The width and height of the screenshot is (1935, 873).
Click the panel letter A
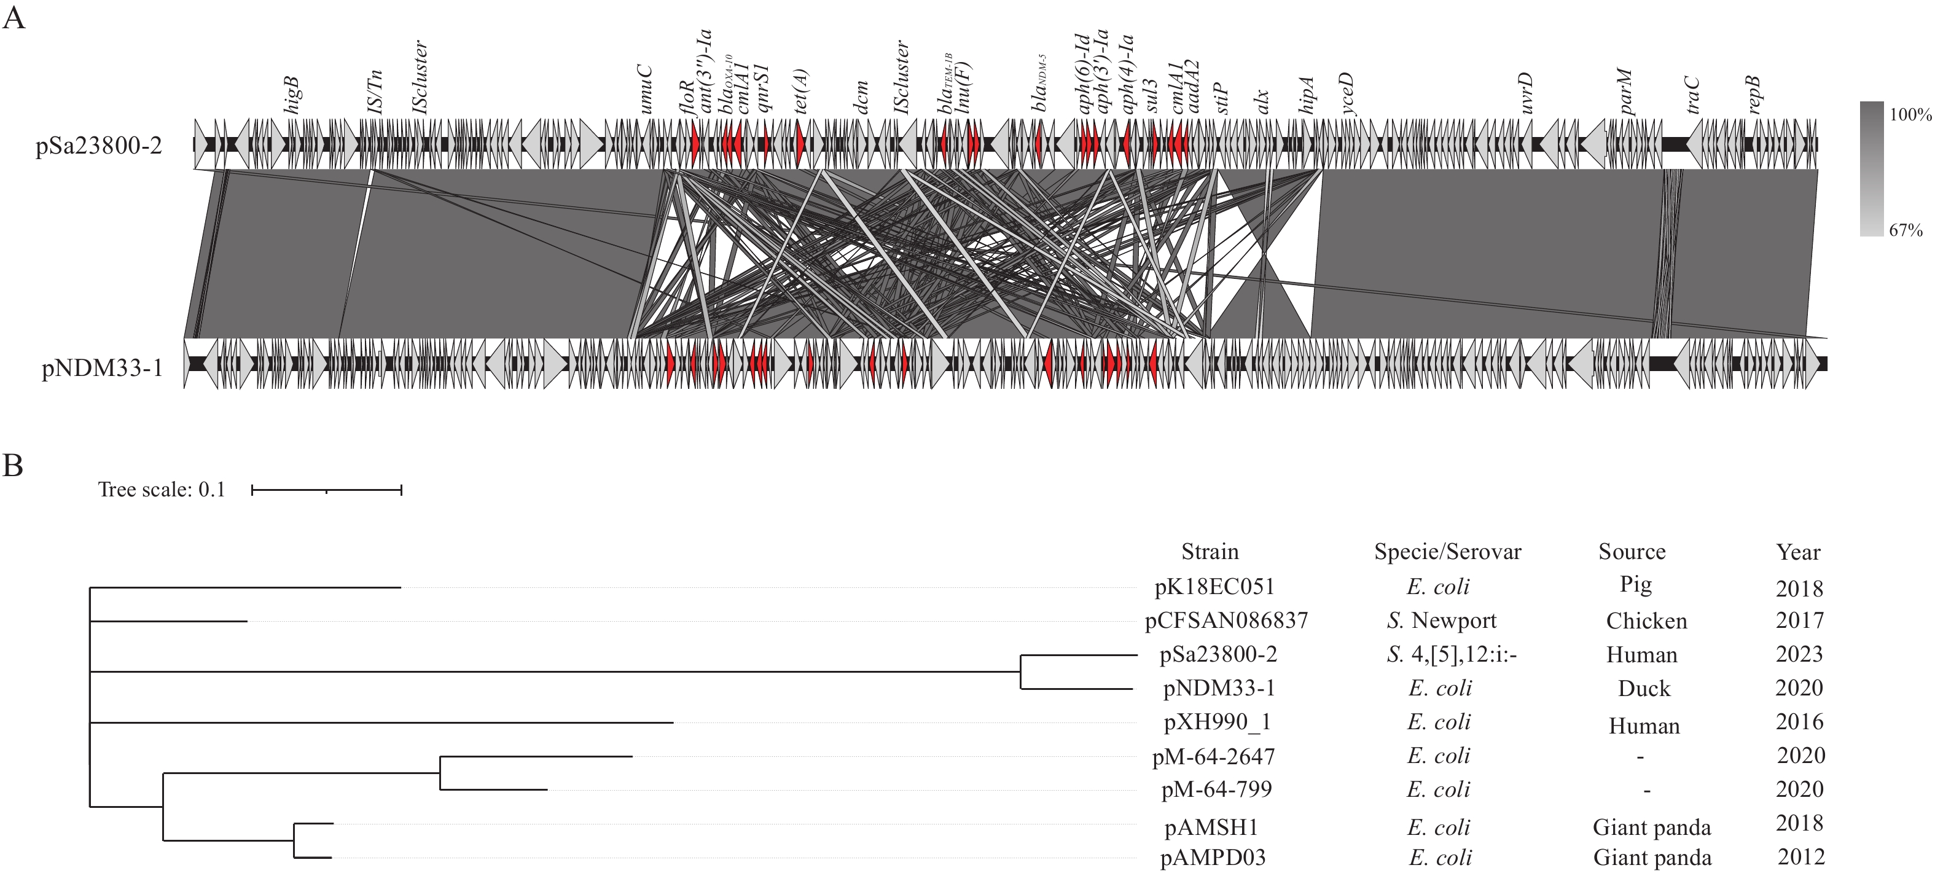click(x=14, y=17)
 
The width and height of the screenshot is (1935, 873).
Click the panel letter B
click(x=14, y=466)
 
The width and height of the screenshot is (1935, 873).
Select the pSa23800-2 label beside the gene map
click(x=98, y=146)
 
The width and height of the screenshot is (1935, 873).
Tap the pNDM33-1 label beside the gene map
click(x=101, y=370)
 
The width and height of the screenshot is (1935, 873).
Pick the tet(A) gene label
click(x=802, y=92)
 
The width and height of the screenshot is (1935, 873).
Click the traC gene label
click(x=1692, y=95)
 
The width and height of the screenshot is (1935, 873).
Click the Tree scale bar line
click(x=327, y=491)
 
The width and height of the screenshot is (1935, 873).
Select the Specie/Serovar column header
click(x=1447, y=552)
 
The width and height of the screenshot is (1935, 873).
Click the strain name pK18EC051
click(x=1214, y=587)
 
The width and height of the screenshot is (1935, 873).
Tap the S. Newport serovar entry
click(x=1440, y=620)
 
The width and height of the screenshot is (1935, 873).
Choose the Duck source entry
click(x=1644, y=688)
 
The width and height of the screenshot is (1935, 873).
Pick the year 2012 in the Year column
click(x=1800, y=857)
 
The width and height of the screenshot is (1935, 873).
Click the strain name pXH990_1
click(x=1217, y=722)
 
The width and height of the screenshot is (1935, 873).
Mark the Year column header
click(x=1797, y=553)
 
